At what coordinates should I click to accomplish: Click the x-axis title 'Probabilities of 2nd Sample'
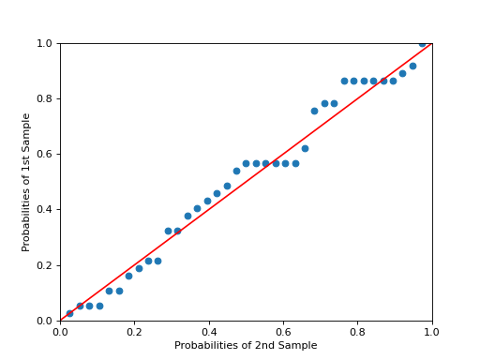pyautogui.click(x=246, y=346)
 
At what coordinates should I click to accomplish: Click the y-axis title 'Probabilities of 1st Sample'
pyautogui.click(x=26, y=182)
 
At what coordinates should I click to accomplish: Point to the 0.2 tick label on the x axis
pyautogui.click(x=134, y=332)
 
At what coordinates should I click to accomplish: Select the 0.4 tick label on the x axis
pyautogui.click(x=209, y=332)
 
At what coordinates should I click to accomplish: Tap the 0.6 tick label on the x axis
pyautogui.click(x=283, y=332)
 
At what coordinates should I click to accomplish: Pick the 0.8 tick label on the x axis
pyautogui.click(x=357, y=332)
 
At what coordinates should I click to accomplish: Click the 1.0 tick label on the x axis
pyautogui.click(x=432, y=332)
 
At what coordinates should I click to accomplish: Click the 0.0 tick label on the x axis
pyautogui.click(x=60, y=332)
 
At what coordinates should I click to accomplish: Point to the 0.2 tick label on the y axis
pyautogui.click(x=45, y=265)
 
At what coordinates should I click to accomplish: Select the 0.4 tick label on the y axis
pyautogui.click(x=45, y=210)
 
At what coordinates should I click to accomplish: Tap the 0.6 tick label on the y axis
pyautogui.click(x=45, y=155)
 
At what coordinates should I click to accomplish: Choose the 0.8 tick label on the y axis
pyautogui.click(x=45, y=99)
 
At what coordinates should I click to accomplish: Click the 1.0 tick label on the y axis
pyautogui.click(x=45, y=44)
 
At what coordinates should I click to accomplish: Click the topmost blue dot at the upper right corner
pyautogui.click(x=423, y=43)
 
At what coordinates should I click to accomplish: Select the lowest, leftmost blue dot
pyautogui.click(x=69, y=313)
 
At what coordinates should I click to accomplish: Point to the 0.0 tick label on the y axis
pyautogui.click(x=45, y=321)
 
